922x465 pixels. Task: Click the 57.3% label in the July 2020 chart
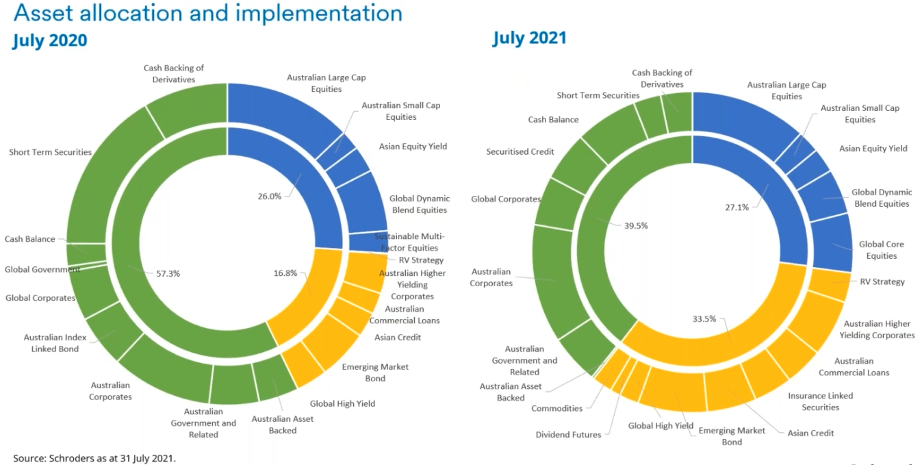pos(168,273)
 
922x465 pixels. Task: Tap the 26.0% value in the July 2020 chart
pos(270,196)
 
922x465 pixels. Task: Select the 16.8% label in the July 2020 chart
pos(285,273)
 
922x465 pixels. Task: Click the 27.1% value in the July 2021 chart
pos(737,208)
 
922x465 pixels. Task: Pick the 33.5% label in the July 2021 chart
pos(704,318)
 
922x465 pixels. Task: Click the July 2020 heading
pos(50,40)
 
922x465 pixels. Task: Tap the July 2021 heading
pos(529,37)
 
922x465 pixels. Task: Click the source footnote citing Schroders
pos(94,457)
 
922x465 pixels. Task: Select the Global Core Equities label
pos(882,250)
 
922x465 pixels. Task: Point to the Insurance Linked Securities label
pos(820,401)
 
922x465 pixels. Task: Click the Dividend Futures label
pos(568,434)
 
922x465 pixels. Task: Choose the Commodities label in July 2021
pos(556,408)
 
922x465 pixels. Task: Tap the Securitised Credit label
pos(520,151)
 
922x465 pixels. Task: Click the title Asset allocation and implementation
pos(207,12)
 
